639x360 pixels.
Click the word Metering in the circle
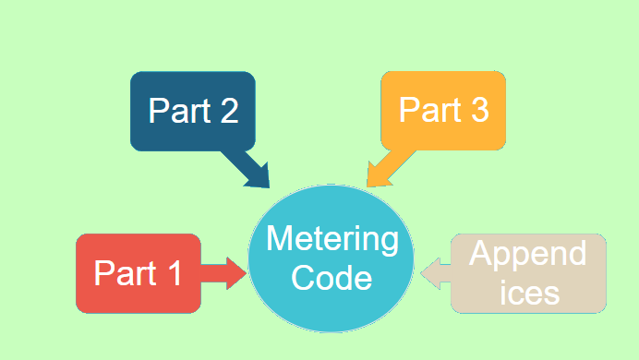(332, 240)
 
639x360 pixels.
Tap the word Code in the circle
(332, 278)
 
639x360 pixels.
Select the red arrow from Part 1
(223, 273)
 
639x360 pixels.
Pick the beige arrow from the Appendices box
(436, 273)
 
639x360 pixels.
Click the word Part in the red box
(124, 274)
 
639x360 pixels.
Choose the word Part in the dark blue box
(177, 111)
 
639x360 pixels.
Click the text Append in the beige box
(528, 253)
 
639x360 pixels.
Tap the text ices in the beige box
(528, 293)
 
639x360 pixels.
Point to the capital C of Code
(301, 278)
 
